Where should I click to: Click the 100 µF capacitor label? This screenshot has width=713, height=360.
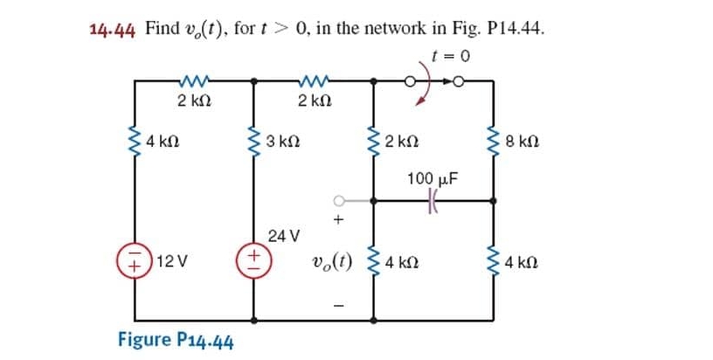[432, 180]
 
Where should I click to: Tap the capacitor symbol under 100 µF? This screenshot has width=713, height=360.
[432, 200]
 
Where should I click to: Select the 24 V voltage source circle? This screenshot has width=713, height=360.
[254, 260]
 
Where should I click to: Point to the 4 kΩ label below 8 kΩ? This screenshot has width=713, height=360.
[524, 261]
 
